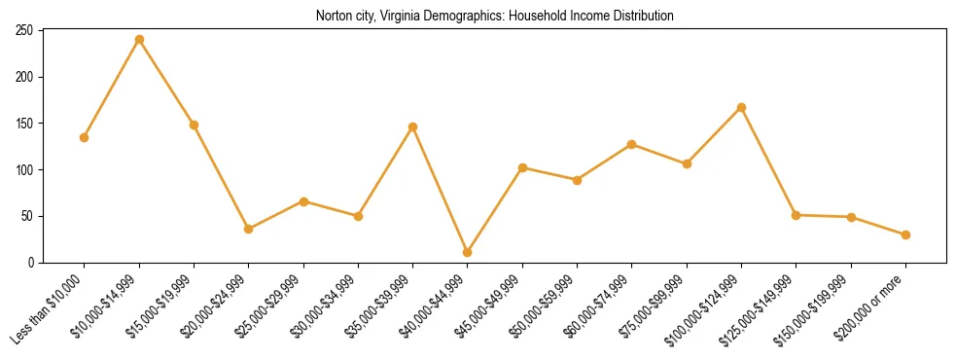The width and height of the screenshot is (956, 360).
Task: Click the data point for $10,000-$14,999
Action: pyautogui.click(x=139, y=39)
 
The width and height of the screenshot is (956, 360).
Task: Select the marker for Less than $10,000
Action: pyautogui.click(x=85, y=137)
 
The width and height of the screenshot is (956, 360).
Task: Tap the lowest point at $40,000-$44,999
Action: pyautogui.click(x=468, y=252)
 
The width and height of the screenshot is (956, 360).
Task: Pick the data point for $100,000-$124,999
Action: pyautogui.click(x=742, y=107)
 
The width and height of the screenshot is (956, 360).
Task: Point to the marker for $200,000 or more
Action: pyautogui.click(x=905, y=234)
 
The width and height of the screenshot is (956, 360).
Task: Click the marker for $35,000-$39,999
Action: pyautogui.click(x=413, y=126)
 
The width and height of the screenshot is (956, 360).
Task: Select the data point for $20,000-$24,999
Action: pyautogui.click(x=249, y=229)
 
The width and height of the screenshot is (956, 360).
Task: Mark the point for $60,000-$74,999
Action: pyautogui.click(x=632, y=144)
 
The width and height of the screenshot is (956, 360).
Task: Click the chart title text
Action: pyautogui.click(x=494, y=16)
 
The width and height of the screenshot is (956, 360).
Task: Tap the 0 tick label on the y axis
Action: pyautogui.click(x=31, y=263)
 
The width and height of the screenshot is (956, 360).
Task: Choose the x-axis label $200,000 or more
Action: pyautogui.click(x=871, y=305)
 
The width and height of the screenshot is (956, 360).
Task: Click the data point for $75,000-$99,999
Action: pyautogui.click(x=687, y=163)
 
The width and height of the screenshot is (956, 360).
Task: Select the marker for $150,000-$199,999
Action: pyautogui.click(x=851, y=217)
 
